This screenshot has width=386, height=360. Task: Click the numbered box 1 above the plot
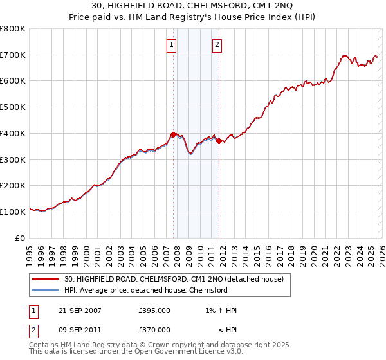pos(172,44)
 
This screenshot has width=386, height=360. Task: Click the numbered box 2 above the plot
pos(217,44)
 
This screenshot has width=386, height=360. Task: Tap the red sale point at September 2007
pos(173,134)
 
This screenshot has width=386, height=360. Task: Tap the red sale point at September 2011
pos(219,141)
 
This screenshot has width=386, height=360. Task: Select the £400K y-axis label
pos(13,133)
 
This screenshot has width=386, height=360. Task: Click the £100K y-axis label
pos(13,212)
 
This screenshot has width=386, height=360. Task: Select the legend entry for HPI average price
pos(154,290)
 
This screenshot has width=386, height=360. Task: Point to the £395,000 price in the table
pos(154,310)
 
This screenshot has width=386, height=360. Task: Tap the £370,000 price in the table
pos(154,330)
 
